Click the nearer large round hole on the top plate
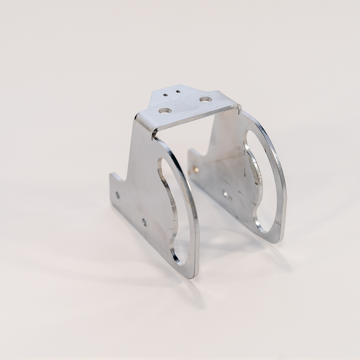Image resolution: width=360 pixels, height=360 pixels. coord(165,111)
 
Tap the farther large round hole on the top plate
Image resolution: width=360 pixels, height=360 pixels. coord(205,99)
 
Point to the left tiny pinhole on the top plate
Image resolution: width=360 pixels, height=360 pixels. coord(165,95)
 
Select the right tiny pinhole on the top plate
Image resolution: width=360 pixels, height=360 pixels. coord(178,91)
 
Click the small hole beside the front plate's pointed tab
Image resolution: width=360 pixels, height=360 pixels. coord(117,195)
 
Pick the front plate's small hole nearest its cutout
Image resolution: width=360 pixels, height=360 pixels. coord(144,222)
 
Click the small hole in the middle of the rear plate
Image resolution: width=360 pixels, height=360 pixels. coord(225,194)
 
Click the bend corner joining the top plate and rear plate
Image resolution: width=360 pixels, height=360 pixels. coord(238,107)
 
